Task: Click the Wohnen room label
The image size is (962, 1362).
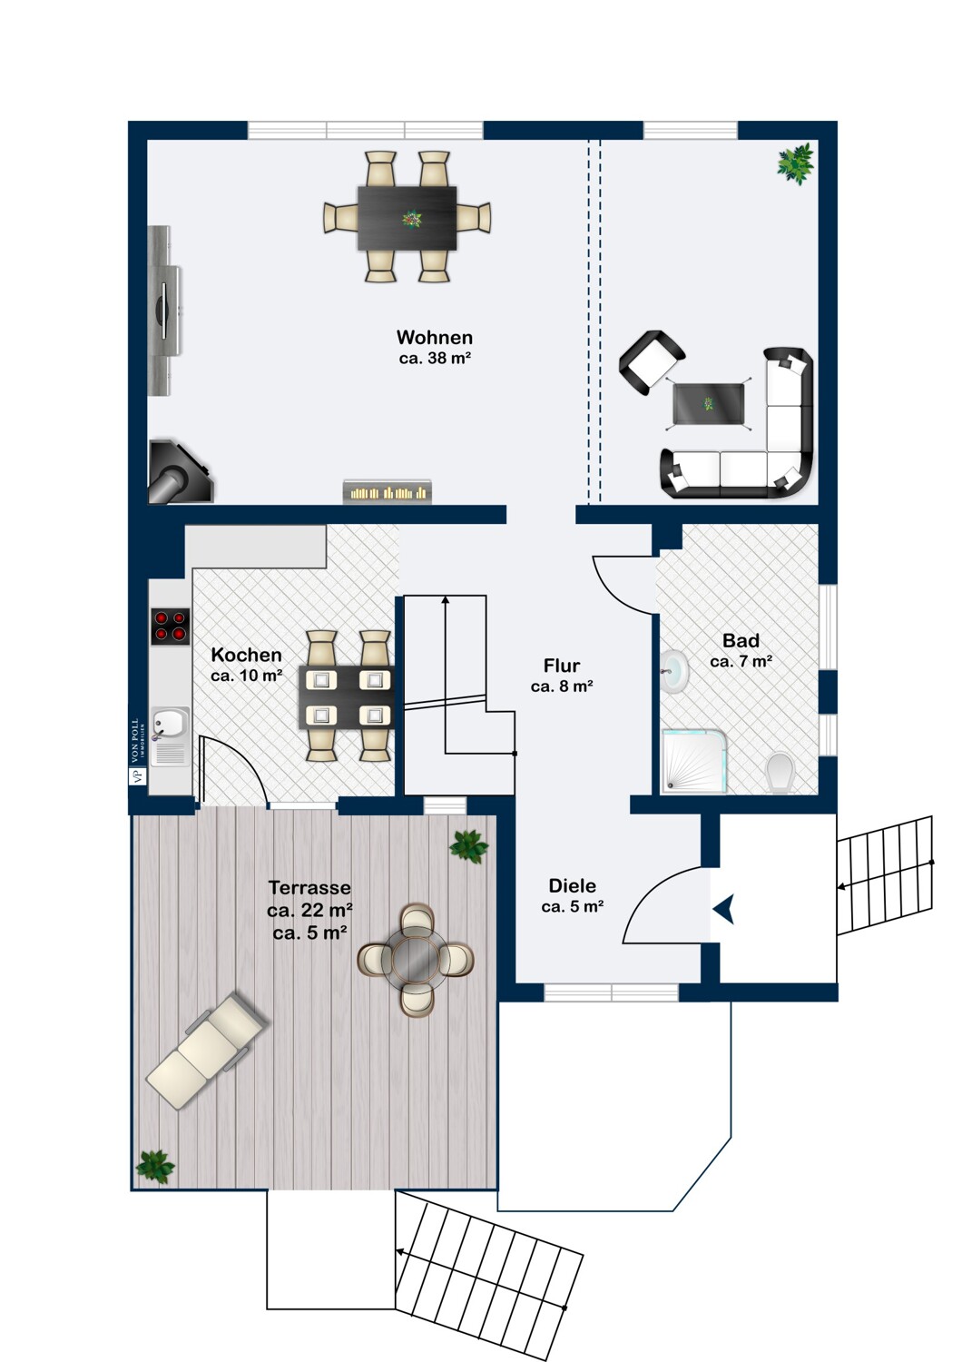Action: click(435, 337)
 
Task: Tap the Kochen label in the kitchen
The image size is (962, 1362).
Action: click(246, 655)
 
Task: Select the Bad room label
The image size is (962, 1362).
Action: click(741, 640)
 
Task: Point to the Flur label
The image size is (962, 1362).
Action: click(562, 666)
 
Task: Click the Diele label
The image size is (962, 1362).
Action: click(572, 885)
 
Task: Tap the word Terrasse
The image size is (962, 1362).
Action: click(309, 888)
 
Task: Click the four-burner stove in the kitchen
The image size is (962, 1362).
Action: click(170, 627)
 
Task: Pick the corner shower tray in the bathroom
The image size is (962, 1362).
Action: click(693, 762)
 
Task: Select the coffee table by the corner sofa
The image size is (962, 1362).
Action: click(708, 404)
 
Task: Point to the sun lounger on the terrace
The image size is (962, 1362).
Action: click(207, 1051)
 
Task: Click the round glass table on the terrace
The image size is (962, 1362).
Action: click(416, 959)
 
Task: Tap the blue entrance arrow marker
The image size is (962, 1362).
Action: click(724, 909)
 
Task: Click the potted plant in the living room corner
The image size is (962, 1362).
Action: click(795, 163)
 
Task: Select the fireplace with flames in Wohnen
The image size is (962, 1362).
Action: click(388, 491)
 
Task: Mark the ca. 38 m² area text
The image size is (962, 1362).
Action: click(435, 358)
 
